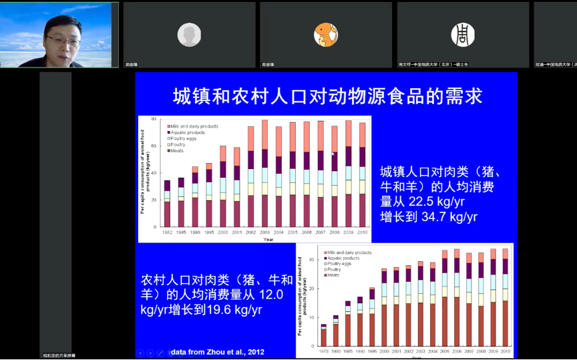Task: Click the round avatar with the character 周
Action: point(463,34)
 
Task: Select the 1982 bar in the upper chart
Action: point(167,204)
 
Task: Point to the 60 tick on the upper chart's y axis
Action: point(154,146)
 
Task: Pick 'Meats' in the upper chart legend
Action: point(177,150)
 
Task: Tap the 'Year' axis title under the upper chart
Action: point(268,238)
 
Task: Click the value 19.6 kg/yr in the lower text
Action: point(227,310)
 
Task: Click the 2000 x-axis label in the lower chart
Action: point(384,351)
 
